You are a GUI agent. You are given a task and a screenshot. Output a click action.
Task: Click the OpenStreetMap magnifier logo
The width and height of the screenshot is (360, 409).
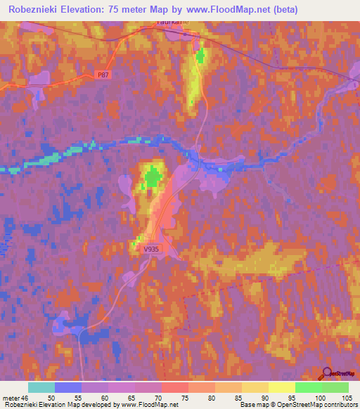pyautogui.click(x=327, y=373)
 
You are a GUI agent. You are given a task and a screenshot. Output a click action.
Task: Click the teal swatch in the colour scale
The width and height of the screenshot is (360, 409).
pyautogui.click(x=41, y=387)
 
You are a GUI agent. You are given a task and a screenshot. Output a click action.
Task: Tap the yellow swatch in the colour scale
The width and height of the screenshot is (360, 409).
pyautogui.click(x=281, y=387)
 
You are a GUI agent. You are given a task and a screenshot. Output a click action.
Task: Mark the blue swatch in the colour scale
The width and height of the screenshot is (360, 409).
pyautogui.click(x=68, y=387)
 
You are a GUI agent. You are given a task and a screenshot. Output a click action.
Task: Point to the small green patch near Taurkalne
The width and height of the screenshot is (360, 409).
pyautogui.click(x=201, y=56)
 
